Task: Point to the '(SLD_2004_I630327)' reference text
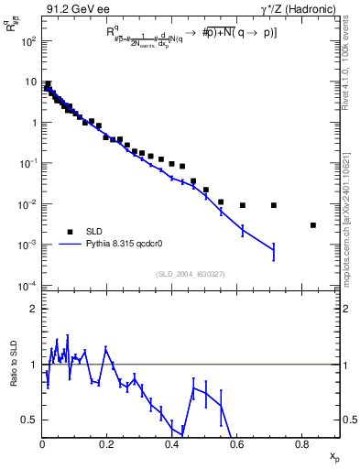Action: [191, 274]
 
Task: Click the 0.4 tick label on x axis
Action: [172, 444]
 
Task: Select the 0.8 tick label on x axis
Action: [302, 444]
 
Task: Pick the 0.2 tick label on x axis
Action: [107, 444]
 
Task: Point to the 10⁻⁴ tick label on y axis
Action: [26, 286]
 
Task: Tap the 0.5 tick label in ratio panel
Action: [28, 420]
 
